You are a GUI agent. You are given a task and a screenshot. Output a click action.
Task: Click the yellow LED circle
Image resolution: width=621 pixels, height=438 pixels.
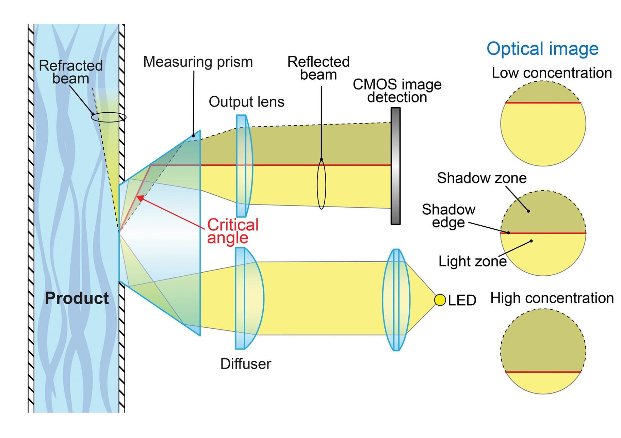(440, 300)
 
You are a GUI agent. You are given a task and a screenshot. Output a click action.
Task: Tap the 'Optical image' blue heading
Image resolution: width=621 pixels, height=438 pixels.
(542, 49)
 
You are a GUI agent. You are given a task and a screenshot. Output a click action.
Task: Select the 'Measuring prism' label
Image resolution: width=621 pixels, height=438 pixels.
(198, 62)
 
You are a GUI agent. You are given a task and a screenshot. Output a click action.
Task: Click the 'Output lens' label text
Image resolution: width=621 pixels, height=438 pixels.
(246, 102)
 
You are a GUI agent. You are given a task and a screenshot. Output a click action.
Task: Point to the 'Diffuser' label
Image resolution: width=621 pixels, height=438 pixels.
(246, 364)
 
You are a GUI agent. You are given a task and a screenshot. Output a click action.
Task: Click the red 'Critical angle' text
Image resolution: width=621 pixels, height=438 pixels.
(233, 231)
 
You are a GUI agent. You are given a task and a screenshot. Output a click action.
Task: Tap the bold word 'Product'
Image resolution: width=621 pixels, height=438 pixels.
(77, 298)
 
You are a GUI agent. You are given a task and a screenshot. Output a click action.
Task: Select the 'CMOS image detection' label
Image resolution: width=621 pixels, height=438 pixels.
(397, 91)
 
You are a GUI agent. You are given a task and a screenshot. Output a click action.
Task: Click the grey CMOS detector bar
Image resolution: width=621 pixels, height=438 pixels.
(395, 166)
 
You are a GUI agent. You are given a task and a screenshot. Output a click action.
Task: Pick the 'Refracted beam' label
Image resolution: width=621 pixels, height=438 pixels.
(71, 72)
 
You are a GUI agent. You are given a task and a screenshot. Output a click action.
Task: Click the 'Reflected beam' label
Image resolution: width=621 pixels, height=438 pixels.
(318, 68)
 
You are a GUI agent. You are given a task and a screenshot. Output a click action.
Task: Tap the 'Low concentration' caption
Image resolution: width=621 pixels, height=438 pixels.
(552, 73)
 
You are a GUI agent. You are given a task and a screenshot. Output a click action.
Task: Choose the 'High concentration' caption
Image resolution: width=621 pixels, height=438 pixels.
(552, 298)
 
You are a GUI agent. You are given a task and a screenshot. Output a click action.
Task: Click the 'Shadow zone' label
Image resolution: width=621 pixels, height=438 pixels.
(481, 178)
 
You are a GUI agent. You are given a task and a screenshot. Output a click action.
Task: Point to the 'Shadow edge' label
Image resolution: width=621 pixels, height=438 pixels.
(448, 216)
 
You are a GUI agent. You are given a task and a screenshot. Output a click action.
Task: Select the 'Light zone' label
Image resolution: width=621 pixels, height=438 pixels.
(472, 261)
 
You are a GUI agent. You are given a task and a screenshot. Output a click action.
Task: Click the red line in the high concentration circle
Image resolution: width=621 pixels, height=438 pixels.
(543, 372)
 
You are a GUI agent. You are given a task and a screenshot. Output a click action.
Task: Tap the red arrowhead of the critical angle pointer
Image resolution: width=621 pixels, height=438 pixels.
(140, 198)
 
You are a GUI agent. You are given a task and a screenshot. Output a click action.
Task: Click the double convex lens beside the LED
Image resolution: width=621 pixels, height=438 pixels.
(396, 300)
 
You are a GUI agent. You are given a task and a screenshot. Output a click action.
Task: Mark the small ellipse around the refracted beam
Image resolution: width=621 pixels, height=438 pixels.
(109, 117)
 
